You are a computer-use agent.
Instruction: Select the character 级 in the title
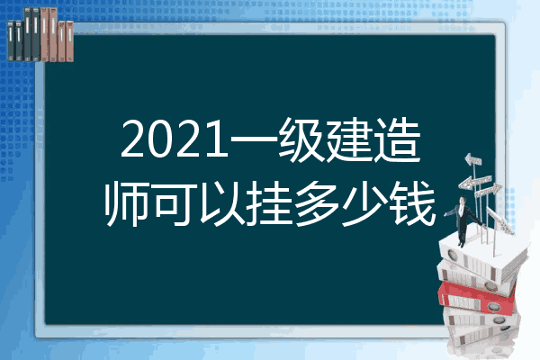click(x=301, y=139)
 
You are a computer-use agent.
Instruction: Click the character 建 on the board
click(x=348, y=139)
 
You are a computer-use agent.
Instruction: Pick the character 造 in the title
click(x=397, y=139)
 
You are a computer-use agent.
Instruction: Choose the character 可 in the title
click(x=175, y=204)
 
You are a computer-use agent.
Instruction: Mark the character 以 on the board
click(x=221, y=204)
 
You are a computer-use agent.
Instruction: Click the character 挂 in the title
click(x=269, y=204)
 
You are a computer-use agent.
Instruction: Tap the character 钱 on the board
click(x=412, y=204)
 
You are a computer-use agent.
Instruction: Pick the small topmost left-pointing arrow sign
click(x=472, y=160)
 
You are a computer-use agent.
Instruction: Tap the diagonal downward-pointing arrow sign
click(x=499, y=220)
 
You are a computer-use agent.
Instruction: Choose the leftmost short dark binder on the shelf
click(x=11, y=40)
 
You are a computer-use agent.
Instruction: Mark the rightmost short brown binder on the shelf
click(x=69, y=41)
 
